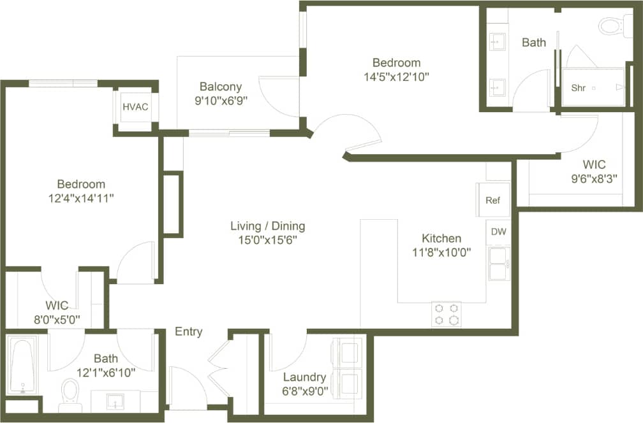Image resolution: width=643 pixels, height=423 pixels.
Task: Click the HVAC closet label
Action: pyautogui.click(x=135, y=106)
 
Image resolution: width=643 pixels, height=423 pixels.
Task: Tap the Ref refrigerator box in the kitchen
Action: pyautogui.click(x=493, y=200)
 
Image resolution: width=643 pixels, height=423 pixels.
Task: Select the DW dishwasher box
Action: pyautogui.click(x=498, y=232)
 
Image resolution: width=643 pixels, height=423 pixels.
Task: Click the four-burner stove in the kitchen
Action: pyautogui.click(x=446, y=313)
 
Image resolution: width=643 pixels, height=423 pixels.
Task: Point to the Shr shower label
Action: pyautogui.click(x=579, y=88)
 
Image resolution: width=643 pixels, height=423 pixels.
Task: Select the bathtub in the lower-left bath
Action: pyautogui.click(x=23, y=366)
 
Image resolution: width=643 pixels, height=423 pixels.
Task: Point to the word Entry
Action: pyautogui.click(x=188, y=331)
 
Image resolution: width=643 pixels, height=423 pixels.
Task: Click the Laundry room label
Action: pyautogui.click(x=304, y=377)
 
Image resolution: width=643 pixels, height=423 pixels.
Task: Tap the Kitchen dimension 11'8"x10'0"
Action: pyautogui.click(x=442, y=252)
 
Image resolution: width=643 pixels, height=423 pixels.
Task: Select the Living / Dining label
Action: pyautogui.click(x=268, y=226)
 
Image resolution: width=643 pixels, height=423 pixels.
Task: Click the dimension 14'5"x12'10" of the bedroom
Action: pyautogui.click(x=396, y=76)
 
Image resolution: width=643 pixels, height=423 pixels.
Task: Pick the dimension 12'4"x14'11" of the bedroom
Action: pyautogui.click(x=80, y=198)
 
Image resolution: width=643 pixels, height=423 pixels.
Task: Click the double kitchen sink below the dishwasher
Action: pyautogui.click(x=498, y=264)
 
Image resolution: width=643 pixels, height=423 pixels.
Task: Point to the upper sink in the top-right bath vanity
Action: pyautogui.click(x=498, y=42)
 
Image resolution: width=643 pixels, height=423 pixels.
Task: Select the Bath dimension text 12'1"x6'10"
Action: pyautogui.click(x=106, y=373)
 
